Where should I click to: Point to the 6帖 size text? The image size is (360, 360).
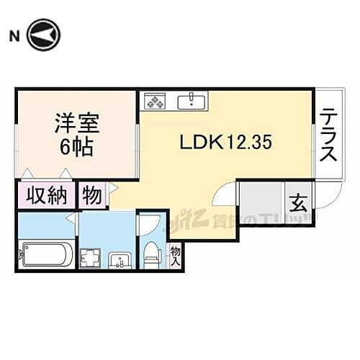click(x=76, y=148)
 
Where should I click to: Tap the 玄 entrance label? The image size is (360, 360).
click(x=296, y=202)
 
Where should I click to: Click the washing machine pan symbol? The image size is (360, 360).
click(x=92, y=257)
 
